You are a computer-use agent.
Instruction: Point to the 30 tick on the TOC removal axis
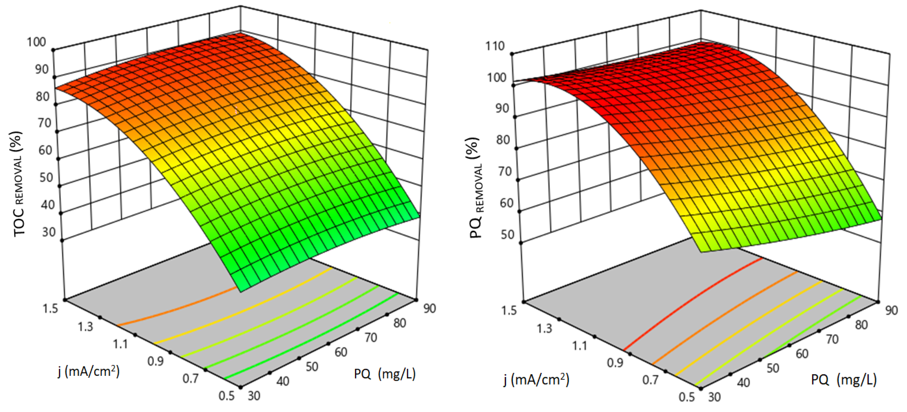pyautogui.click(x=49, y=232)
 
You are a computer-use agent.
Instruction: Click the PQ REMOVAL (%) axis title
pyautogui.click(x=476, y=188)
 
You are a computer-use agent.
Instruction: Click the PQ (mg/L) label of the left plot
pyautogui.click(x=384, y=374)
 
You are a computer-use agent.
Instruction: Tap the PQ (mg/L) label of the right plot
pyautogui.click(x=844, y=380)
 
